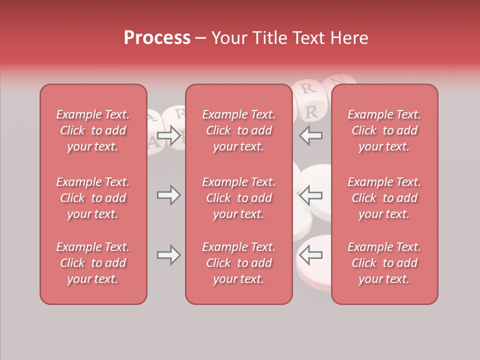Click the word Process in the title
(157, 37)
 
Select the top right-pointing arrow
(169, 135)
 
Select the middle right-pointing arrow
(169, 195)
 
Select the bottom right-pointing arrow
(169, 255)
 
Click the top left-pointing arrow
(310, 135)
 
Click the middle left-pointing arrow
(310, 195)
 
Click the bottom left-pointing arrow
(310, 255)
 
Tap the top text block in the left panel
(93, 130)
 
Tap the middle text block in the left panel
(93, 198)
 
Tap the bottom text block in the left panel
(93, 263)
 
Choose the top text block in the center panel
(238, 130)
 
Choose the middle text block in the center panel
(238, 198)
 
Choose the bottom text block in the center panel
(238, 263)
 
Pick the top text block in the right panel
(384, 130)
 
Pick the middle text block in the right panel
(384, 198)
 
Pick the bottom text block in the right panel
(384, 263)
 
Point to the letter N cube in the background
(338, 81)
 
